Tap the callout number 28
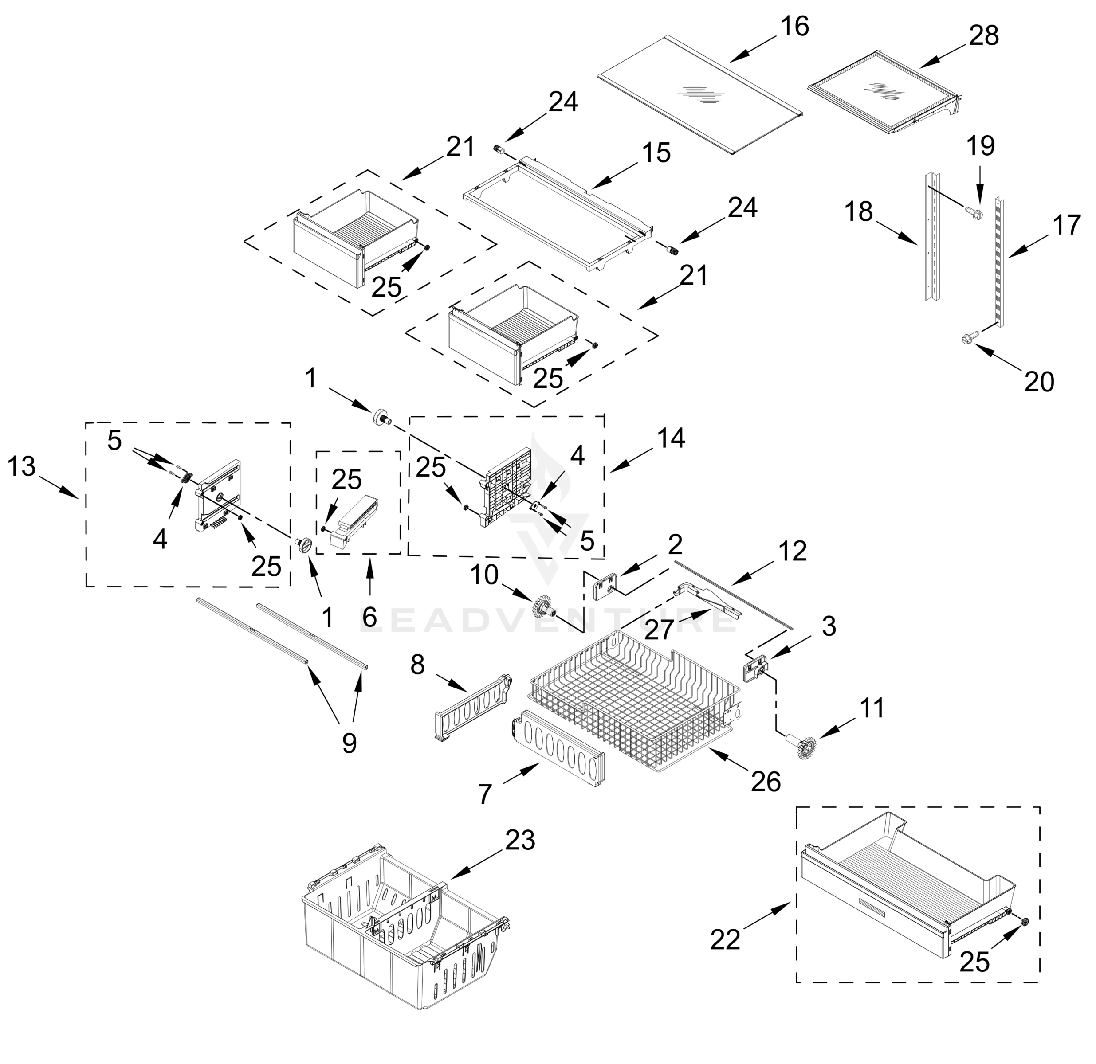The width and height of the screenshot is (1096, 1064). pyautogui.click(x=984, y=36)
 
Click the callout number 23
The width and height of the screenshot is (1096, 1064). pyautogui.click(x=520, y=840)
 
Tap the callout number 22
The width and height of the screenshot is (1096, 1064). pyautogui.click(x=725, y=939)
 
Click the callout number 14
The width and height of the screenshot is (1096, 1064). pyautogui.click(x=671, y=438)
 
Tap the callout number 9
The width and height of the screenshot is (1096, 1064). pyautogui.click(x=349, y=743)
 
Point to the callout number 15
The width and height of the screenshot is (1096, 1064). pyautogui.click(x=656, y=153)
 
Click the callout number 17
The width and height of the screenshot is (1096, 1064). pyautogui.click(x=1066, y=226)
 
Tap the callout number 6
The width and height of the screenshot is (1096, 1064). pyautogui.click(x=369, y=617)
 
